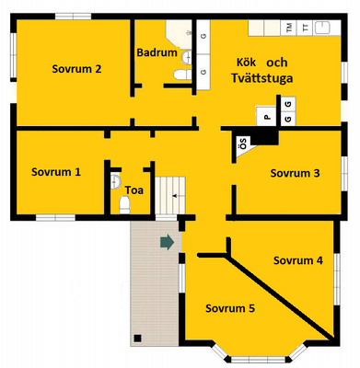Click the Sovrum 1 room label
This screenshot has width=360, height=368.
56,172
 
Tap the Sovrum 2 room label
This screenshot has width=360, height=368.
76,69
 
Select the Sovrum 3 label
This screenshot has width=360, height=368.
295,173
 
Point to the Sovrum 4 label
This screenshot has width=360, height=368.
298,260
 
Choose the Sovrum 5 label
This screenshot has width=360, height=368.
230,308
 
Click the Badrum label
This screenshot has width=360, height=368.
157,52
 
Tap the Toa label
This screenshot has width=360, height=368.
134,190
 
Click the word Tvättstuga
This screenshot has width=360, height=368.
261,78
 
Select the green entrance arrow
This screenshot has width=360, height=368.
168,243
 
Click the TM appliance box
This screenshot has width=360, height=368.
289,28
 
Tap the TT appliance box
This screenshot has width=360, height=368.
305,28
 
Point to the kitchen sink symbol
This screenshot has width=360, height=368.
322,28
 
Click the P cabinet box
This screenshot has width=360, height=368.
266,116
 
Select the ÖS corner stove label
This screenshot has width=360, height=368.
243,144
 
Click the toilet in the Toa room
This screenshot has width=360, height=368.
124,204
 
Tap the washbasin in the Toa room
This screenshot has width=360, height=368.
115,181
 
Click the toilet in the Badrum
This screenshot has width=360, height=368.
182,75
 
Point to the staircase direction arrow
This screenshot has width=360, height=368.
175,195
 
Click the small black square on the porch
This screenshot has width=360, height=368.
137,339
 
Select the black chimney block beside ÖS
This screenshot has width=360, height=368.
265,136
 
